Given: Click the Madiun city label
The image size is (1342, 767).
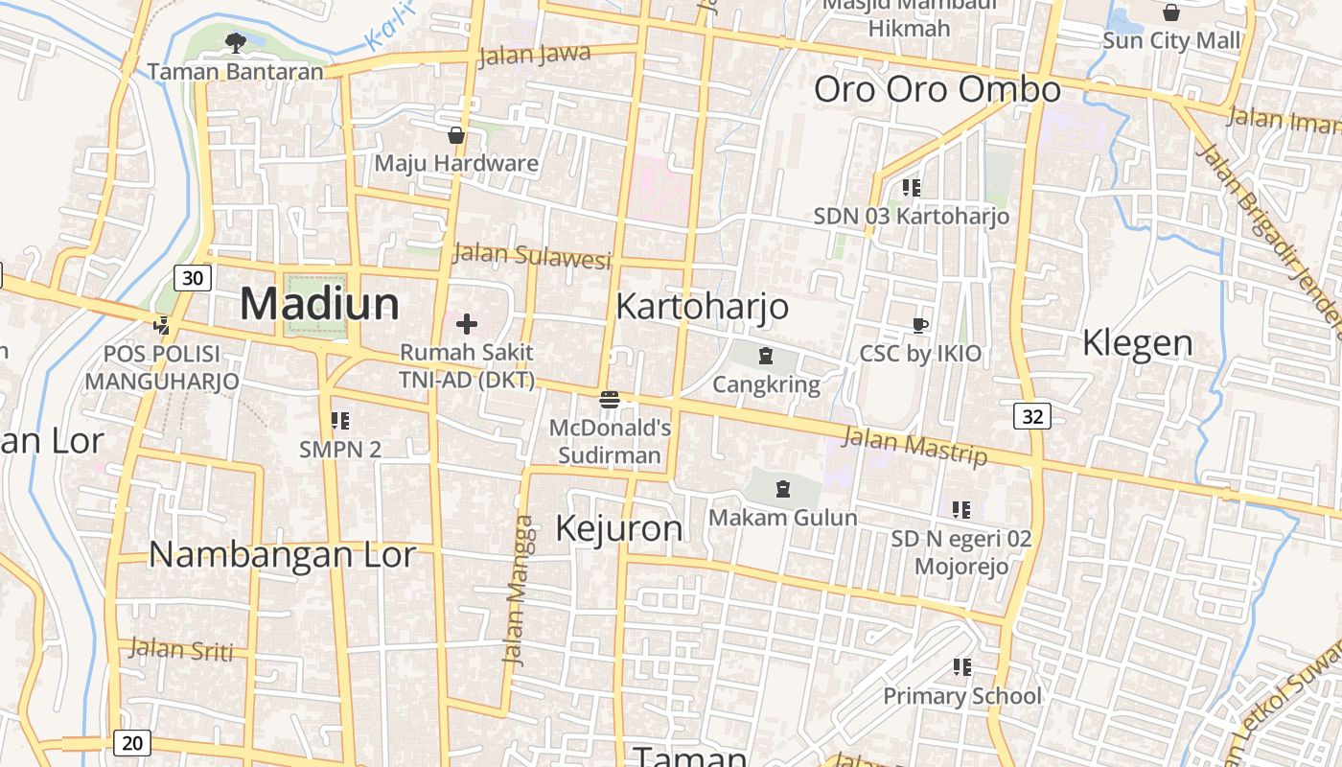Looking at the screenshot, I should click(319, 304).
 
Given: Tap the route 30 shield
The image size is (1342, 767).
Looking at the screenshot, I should click(193, 278).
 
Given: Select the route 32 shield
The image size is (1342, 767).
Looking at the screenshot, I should click(1031, 416).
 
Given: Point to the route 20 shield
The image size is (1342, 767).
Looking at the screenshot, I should click(131, 742).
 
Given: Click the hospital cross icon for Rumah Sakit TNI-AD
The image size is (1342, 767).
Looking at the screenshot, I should click(467, 324).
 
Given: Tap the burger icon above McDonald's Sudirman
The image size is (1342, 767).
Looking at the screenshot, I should click(610, 400).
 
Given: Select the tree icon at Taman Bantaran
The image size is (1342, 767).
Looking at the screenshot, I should click(235, 42).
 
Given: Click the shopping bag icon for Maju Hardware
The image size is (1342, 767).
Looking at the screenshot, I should click(456, 135).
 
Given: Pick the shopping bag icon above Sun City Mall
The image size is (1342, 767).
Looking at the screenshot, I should click(1170, 12).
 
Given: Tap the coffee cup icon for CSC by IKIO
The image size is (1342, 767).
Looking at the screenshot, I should click(920, 325).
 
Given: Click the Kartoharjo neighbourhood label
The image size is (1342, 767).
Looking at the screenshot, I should click(702, 307).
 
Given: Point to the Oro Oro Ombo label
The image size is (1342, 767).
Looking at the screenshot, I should click(937, 89).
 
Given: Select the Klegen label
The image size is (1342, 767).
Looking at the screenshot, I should click(1137, 342).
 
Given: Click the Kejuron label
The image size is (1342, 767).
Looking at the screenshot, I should click(619, 528).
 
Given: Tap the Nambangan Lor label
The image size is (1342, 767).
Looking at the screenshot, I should click(282, 554).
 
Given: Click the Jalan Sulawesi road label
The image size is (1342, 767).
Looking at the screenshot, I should click(531, 256).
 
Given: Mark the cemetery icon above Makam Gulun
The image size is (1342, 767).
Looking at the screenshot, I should click(783, 489).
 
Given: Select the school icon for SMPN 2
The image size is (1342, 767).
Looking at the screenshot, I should click(339, 420).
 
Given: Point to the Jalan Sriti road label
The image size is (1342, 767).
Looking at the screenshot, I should click(181, 649).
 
